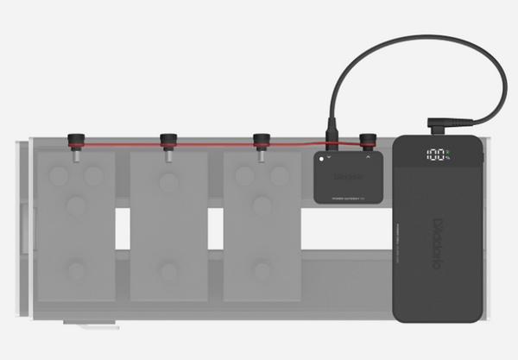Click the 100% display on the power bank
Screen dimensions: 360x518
click(438, 156)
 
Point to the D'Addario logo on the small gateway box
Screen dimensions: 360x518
click(346, 177)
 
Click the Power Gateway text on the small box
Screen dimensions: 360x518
click(346, 199)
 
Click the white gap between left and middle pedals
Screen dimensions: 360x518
click(123, 229)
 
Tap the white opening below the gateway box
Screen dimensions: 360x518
click(345, 229)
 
